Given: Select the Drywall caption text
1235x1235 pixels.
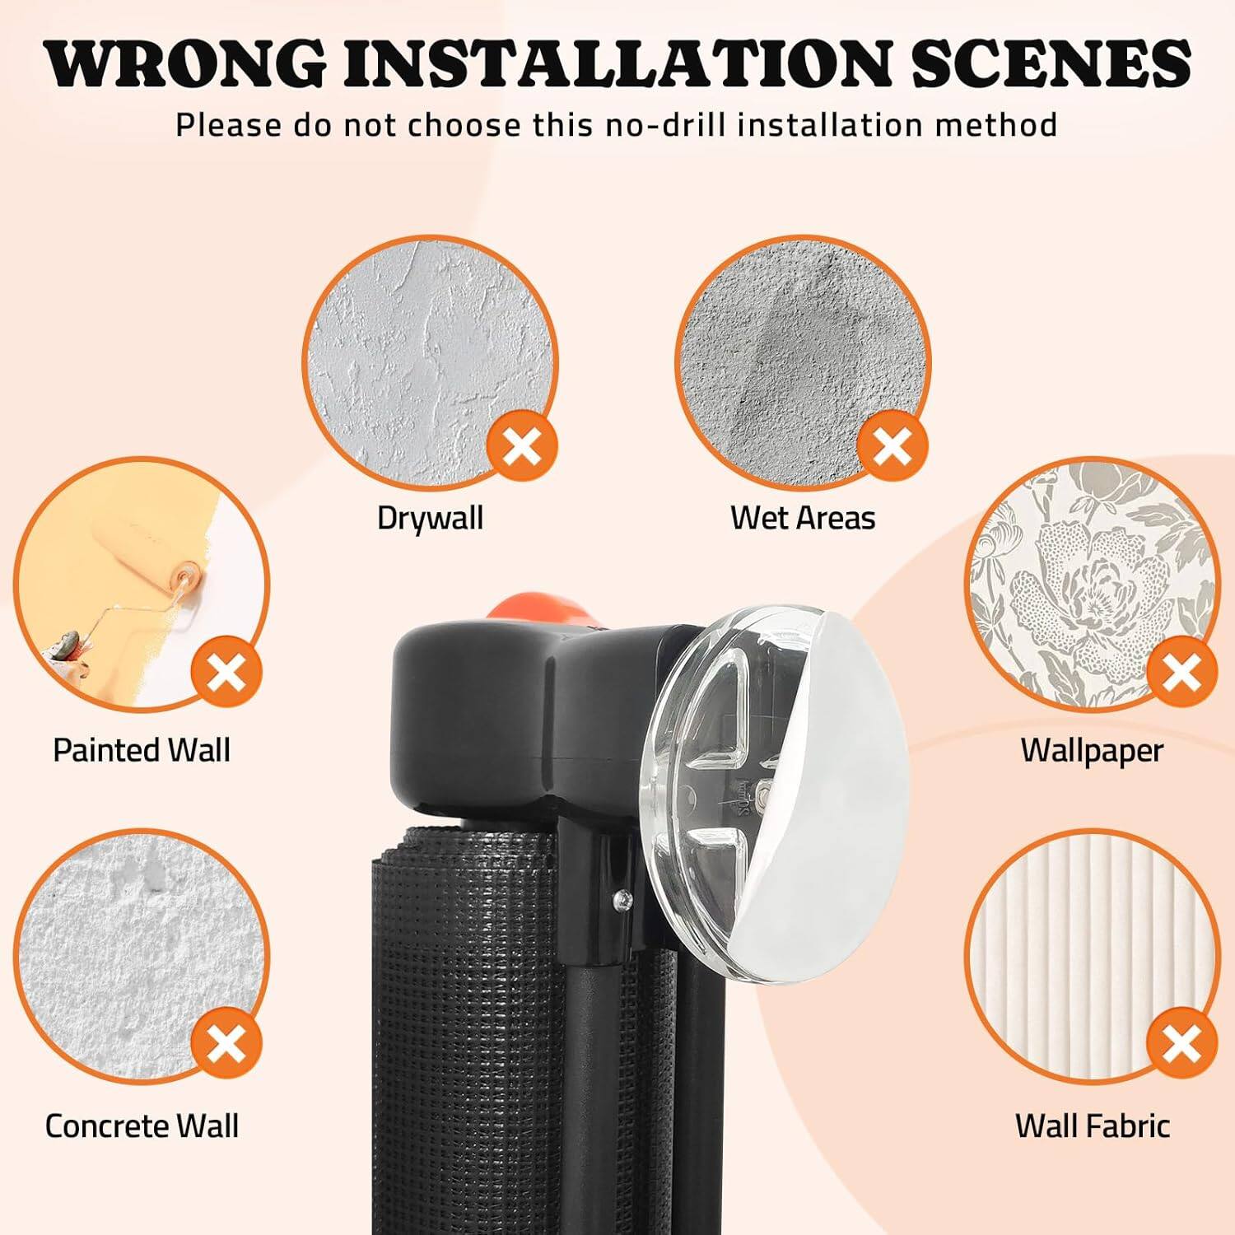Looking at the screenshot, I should point(430,518).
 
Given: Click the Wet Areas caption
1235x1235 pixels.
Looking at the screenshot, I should point(803,518).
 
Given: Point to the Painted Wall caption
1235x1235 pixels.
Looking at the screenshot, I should point(142,750).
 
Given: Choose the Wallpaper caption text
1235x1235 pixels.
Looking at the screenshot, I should point(1092,750).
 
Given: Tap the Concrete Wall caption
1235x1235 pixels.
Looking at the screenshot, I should point(142,1125).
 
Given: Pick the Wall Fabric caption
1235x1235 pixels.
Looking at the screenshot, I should point(1092,1125).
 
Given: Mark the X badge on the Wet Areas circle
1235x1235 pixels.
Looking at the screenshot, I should point(892,448).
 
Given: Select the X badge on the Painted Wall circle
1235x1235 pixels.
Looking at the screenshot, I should point(226,673).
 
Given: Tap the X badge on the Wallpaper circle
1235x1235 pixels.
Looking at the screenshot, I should point(1181,673).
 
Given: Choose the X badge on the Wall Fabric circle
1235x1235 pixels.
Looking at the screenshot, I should point(1181,1044).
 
